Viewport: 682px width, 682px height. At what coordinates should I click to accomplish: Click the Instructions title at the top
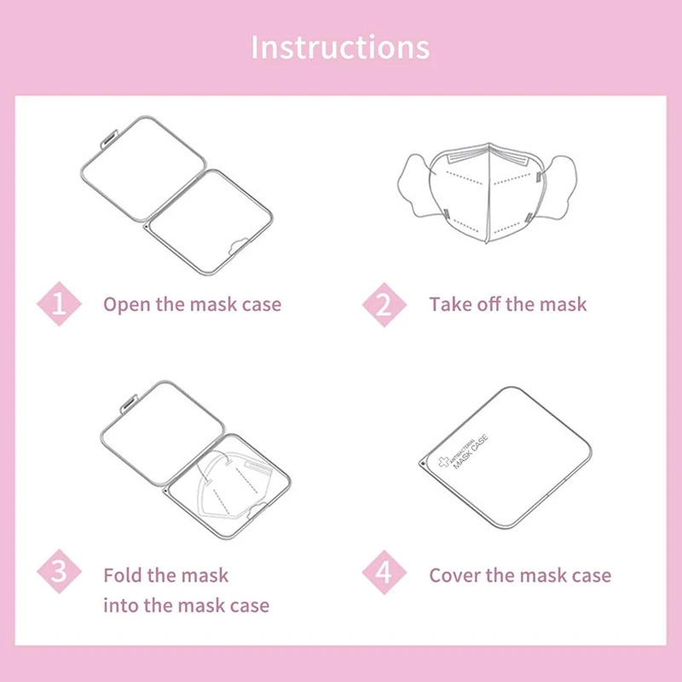click(340, 46)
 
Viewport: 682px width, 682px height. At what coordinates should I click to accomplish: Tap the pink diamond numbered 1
click(59, 304)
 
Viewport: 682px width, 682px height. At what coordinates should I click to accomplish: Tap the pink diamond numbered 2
click(384, 304)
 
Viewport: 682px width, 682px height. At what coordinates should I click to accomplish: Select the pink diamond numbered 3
click(59, 573)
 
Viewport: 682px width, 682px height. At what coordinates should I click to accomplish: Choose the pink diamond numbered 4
click(384, 573)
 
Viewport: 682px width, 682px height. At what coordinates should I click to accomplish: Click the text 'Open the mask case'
click(192, 304)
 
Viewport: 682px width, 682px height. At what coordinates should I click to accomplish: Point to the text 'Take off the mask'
click(508, 304)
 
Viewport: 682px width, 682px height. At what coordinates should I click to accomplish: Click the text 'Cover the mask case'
click(520, 575)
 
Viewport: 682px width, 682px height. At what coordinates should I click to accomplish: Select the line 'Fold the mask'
click(166, 575)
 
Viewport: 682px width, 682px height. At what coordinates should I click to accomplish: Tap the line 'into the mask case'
click(186, 606)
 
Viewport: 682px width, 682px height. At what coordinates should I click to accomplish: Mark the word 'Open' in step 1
click(126, 304)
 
